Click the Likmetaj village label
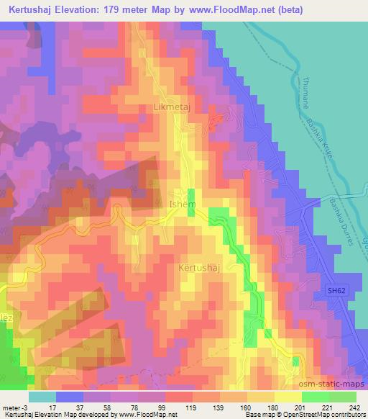point(172,107)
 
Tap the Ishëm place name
point(181,204)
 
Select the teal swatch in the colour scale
point(42,397)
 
